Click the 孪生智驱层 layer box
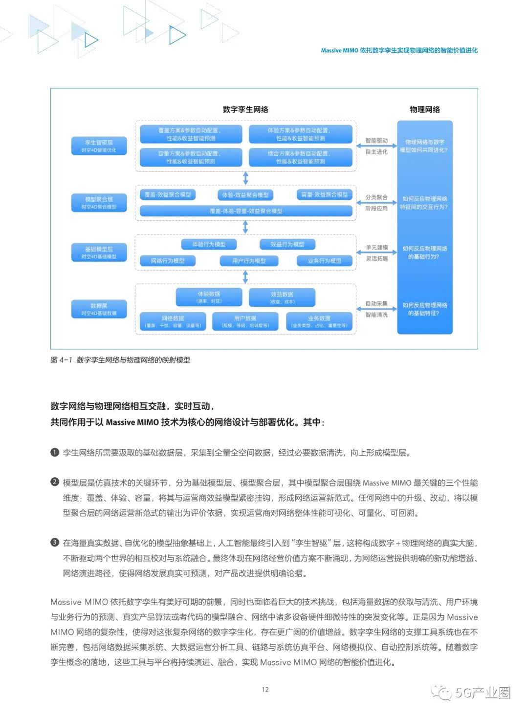coord(99,146)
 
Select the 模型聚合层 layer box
coord(99,203)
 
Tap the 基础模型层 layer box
coord(99,252)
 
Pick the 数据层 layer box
coord(99,309)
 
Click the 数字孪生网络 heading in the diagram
coord(245,109)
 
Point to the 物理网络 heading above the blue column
coord(424,109)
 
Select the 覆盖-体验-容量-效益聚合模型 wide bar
coord(246,211)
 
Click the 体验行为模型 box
coord(209,244)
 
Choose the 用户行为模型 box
coord(249,261)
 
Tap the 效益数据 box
coord(282,297)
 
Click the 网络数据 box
coord(173,321)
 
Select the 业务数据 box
coord(319,321)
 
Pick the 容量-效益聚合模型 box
coord(325,195)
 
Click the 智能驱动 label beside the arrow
coord(376,141)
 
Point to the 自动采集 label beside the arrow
coord(376,304)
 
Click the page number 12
coord(265,690)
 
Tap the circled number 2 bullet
coord(55,482)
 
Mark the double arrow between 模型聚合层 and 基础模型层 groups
coord(245,227)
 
